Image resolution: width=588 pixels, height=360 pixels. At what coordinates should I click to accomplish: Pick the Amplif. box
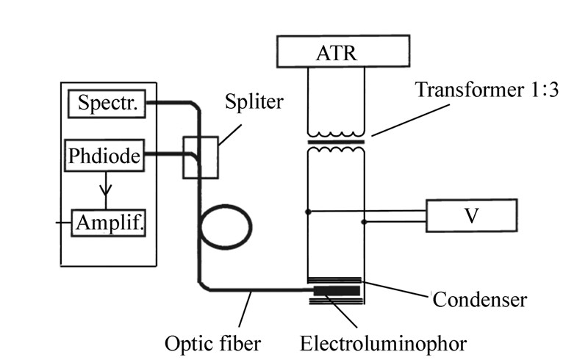110,221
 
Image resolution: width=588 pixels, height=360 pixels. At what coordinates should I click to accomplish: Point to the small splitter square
201,156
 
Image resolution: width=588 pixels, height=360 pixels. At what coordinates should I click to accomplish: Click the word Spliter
254,101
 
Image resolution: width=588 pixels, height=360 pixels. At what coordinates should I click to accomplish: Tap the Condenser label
478,299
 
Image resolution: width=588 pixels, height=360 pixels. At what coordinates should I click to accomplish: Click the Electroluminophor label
383,342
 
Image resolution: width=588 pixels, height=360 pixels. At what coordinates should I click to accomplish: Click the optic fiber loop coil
226,226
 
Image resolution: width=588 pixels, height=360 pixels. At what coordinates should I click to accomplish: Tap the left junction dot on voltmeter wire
308,212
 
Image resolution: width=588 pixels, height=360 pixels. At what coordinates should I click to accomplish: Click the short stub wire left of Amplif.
65,220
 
